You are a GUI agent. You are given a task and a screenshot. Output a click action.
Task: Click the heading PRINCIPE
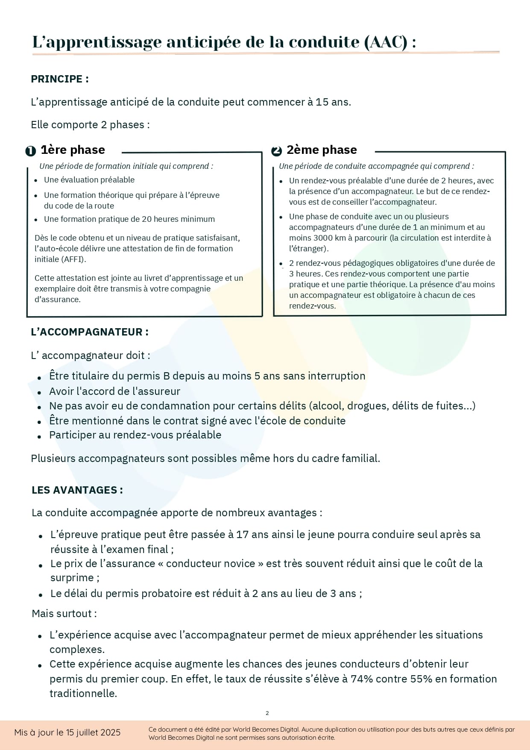tap(59, 79)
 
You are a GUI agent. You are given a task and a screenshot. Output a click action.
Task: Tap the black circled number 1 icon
tap(30, 151)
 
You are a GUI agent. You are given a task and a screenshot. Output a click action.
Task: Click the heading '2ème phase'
tap(321, 150)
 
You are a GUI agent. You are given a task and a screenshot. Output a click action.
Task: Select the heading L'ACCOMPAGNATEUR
tap(90, 332)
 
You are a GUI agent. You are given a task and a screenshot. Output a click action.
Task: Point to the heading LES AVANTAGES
tap(77, 490)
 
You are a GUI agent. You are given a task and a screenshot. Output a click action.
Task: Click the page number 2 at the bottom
tap(267, 713)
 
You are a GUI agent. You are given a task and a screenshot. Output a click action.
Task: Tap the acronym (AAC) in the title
tap(386, 42)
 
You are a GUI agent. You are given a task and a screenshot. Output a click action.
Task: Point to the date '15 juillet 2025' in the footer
tap(93, 732)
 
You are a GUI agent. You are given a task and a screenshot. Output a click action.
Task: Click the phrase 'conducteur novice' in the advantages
tap(211, 564)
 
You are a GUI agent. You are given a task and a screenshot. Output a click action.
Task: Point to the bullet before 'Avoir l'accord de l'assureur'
tap(39, 392)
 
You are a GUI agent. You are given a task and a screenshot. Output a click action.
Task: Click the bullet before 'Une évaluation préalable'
tap(36, 181)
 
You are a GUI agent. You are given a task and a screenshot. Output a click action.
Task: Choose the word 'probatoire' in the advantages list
tap(167, 594)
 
